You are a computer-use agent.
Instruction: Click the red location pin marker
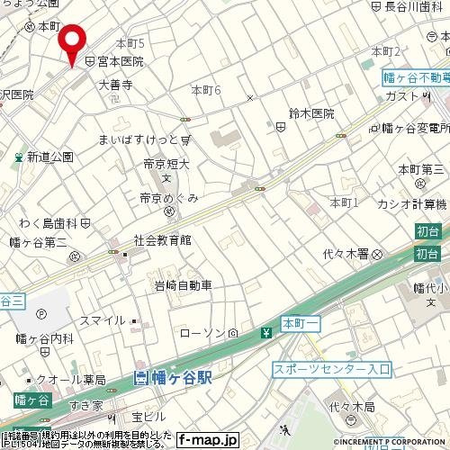[72, 41]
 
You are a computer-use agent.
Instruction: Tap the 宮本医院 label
[120, 62]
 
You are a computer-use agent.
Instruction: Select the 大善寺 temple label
[115, 85]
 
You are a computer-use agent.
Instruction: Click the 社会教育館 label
[163, 240]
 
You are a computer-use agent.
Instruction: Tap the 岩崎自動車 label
[183, 285]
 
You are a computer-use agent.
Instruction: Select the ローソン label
[202, 334]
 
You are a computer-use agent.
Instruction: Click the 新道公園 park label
[49, 157]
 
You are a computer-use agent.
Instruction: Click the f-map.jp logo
[207, 440]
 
